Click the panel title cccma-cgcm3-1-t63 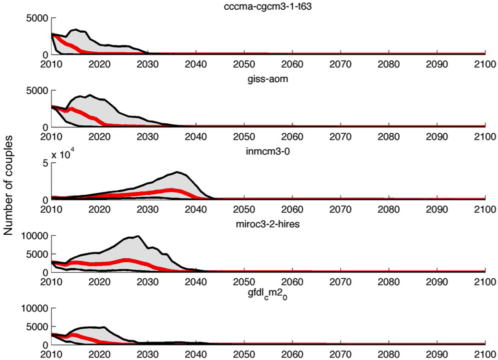pos(268,6)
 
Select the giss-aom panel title pos(268,79)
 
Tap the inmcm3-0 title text pos(268,151)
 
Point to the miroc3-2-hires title pos(268,224)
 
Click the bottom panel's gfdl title pos(268,296)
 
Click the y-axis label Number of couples pos(8,185)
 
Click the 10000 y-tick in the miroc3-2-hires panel pos(34,236)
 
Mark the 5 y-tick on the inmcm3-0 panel pos(45,163)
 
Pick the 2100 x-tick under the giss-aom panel pos(485,137)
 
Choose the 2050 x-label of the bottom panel pos(244,354)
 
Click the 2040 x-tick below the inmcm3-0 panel pos(196,209)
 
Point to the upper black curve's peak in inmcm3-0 pos(177,172)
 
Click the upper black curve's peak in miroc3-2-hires pos(138,236)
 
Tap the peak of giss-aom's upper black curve pos(90,95)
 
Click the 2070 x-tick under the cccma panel pos(340,64)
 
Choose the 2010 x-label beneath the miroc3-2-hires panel pos(51,282)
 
